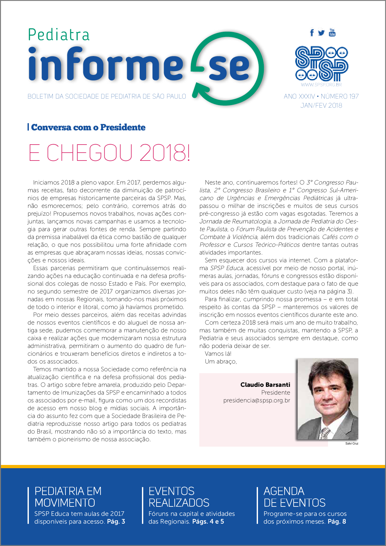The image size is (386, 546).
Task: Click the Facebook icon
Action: (x=312, y=33)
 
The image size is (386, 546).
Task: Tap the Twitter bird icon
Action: (x=321, y=33)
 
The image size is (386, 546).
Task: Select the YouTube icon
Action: (x=332, y=32)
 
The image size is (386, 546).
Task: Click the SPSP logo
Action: (x=321, y=64)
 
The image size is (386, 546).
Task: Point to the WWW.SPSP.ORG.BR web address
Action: (x=321, y=85)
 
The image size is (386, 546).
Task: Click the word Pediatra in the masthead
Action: (x=59, y=35)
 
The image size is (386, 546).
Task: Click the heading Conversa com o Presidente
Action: (x=88, y=127)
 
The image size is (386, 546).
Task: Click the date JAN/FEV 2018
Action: (x=321, y=105)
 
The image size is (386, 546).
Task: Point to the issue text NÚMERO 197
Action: (x=340, y=96)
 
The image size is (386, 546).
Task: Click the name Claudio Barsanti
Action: (x=265, y=385)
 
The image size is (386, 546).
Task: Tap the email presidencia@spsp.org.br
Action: (x=256, y=400)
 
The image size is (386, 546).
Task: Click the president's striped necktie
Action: (x=325, y=433)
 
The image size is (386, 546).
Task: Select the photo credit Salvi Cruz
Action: (x=352, y=443)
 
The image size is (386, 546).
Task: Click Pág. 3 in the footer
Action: (x=116, y=522)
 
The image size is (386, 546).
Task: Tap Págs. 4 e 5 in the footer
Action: (x=208, y=522)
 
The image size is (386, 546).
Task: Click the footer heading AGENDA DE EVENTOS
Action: (x=294, y=497)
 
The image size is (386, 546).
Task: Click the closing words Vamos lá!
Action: (x=218, y=354)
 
